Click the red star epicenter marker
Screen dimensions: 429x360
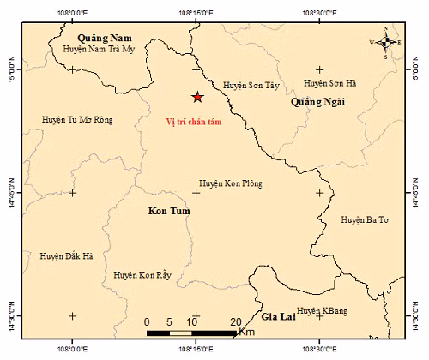[196, 98]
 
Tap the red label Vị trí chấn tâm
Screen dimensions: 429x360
[197, 123]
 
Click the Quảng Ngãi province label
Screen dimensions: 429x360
[318, 102]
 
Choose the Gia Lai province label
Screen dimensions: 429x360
[280, 316]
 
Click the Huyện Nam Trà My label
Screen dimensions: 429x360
[101, 50]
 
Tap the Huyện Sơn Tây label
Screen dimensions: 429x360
[251, 86]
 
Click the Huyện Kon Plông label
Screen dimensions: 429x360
[231, 183]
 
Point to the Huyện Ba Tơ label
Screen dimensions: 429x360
[365, 220]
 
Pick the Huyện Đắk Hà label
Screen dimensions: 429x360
[67, 255]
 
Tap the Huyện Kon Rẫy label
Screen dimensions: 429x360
[143, 275]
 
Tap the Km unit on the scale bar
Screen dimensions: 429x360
[247, 331]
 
